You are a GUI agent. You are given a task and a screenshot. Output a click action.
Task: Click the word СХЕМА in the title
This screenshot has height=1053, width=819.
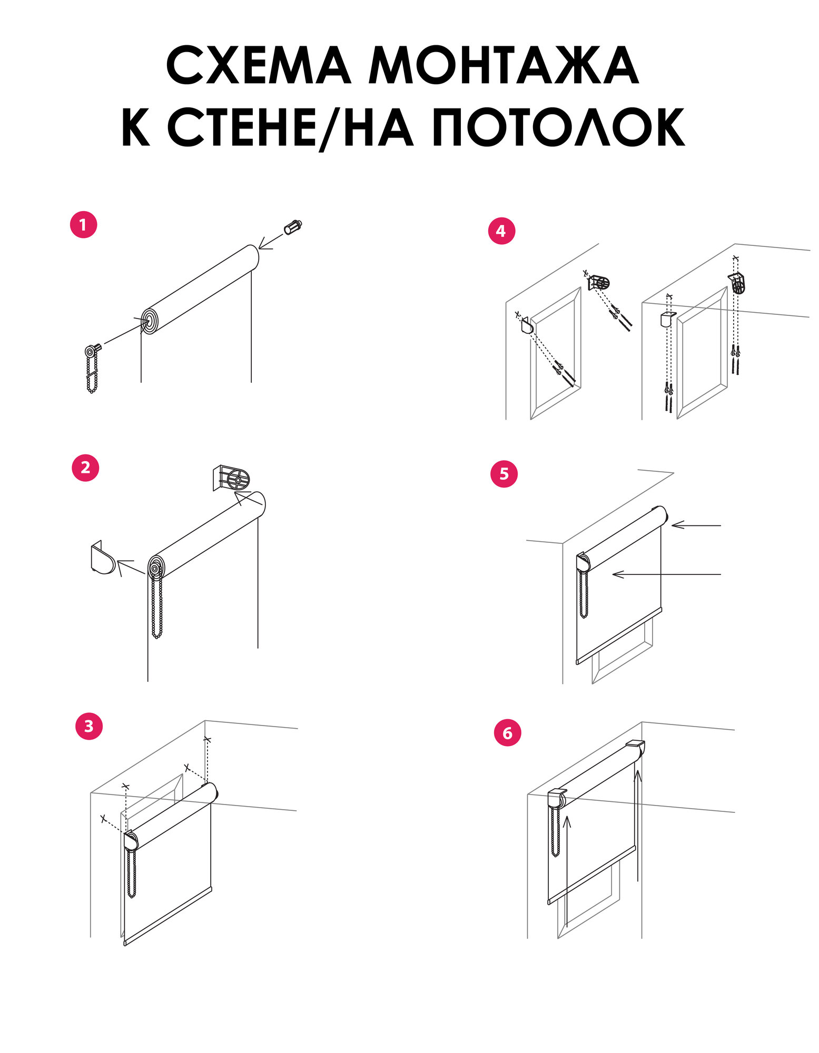click(259, 66)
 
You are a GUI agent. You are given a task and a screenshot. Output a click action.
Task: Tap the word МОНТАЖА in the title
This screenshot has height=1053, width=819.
click(503, 66)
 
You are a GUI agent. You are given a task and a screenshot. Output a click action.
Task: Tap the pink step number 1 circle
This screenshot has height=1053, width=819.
click(83, 225)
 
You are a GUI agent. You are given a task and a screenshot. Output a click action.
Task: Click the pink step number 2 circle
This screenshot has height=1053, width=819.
click(86, 467)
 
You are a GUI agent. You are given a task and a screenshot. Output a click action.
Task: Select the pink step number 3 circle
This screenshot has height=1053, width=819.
click(89, 726)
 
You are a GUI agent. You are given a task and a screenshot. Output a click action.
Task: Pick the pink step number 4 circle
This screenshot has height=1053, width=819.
click(501, 231)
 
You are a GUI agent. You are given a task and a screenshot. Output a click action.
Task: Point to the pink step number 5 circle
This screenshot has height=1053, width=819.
click(504, 474)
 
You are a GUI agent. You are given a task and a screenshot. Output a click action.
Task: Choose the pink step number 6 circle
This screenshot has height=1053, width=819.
click(508, 733)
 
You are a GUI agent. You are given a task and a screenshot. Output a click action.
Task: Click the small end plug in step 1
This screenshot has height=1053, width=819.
click(292, 227)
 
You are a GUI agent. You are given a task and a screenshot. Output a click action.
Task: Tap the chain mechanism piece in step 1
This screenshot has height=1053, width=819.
click(92, 369)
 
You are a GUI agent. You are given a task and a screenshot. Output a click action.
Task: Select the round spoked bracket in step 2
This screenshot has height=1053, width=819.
click(232, 478)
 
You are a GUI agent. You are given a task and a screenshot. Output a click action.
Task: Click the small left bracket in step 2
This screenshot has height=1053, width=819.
click(103, 557)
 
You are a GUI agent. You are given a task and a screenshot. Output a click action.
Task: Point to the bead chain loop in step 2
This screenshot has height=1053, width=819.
click(157, 605)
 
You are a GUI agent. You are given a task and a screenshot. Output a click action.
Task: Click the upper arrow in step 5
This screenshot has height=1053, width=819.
click(696, 525)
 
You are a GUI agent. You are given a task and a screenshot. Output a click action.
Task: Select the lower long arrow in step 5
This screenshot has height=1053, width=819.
click(667, 574)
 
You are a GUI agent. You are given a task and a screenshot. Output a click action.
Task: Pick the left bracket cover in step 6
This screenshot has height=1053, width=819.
click(557, 799)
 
